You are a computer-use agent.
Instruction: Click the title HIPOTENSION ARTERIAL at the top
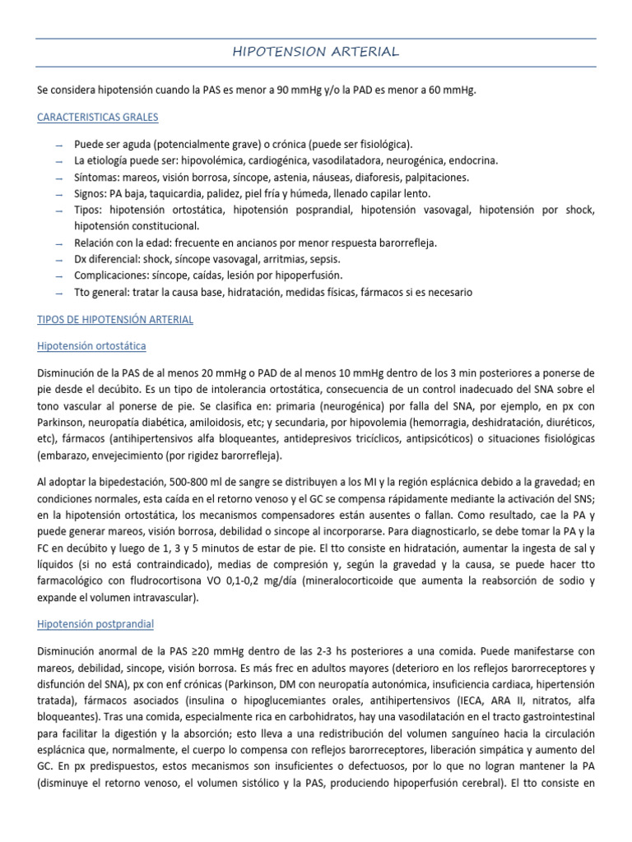pyautogui.click(x=316, y=52)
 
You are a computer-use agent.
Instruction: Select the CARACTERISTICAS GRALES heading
pyautogui.click(x=98, y=118)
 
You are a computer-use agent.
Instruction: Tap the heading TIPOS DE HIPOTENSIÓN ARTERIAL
pyautogui.click(x=115, y=319)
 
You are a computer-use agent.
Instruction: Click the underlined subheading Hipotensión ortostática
pyautogui.click(x=91, y=346)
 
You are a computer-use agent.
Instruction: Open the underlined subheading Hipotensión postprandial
pyautogui.click(x=95, y=624)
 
